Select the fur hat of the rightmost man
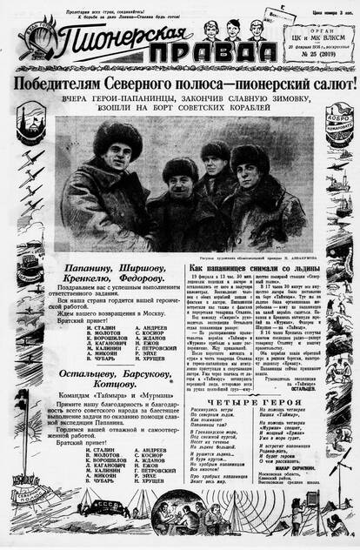[249, 156]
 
